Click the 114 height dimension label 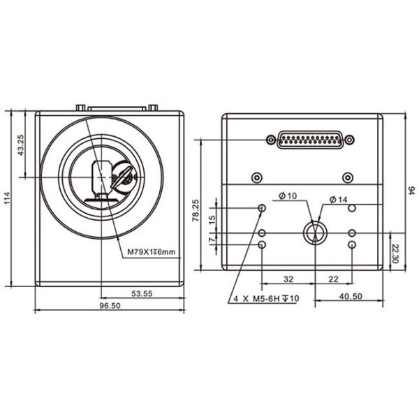8,198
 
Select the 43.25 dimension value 21,145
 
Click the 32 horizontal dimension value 288,279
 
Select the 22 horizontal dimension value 334,279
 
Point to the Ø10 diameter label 287,196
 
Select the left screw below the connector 258,177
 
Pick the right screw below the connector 347,177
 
